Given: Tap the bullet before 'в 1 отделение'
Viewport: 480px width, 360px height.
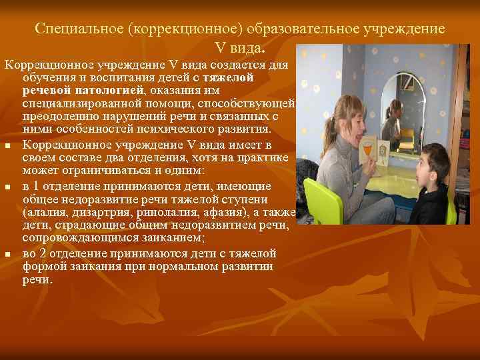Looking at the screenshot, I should point(8,187).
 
